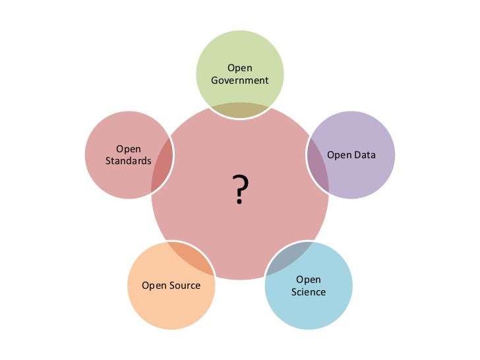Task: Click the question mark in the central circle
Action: click(x=241, y=191)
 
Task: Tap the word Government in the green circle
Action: click(x=240, y=80)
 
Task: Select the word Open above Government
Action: click(x=240, y=68)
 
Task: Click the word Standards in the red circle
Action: click(x=129, y=161)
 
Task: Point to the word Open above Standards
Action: click(x=129, y=149)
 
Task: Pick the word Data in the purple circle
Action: click(x=365, y=156)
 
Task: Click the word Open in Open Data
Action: click(x=340, y=156)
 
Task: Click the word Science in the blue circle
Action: click(x=309, y=291)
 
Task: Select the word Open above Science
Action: click(x=309, y=280)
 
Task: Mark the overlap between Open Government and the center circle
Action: click(x=240, y=110)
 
